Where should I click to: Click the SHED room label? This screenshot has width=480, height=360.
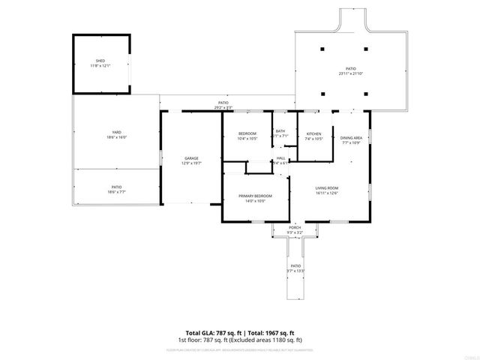pos(100,61)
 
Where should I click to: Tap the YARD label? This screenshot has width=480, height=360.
pos(116,132)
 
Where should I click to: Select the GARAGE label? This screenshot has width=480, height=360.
pos(191,158)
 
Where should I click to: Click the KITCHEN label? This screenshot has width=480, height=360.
pos(314,133)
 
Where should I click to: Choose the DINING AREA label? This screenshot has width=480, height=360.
pos(351,138)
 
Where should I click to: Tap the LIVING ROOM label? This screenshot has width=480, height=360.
pos(326,187)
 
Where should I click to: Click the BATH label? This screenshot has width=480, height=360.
pos(280,132)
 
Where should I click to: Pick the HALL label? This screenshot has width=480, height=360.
pos(280,158)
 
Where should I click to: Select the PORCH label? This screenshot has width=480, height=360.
pos(295,228)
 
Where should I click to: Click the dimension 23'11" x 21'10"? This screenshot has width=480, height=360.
pos(350,73)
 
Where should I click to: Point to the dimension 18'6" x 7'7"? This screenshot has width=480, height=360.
pos(116,192)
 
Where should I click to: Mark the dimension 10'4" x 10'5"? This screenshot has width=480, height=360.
pos(247,139)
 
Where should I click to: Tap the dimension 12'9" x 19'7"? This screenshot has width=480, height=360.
pos(191,163)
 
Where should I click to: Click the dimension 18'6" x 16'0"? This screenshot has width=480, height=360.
pos(116,137)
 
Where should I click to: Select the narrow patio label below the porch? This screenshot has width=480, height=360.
pos(295,266)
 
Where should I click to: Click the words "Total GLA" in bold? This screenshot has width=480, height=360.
pos(200,332)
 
